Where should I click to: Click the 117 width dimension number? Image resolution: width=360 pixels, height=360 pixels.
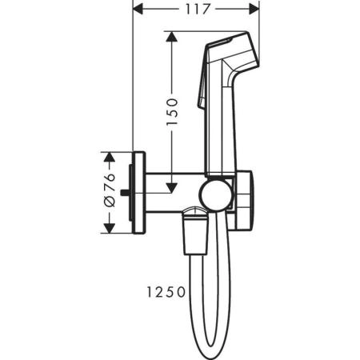[195, 10]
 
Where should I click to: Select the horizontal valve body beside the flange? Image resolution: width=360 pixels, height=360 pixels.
[172, 193]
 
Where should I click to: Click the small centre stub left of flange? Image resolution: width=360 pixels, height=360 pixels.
[129, 192]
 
